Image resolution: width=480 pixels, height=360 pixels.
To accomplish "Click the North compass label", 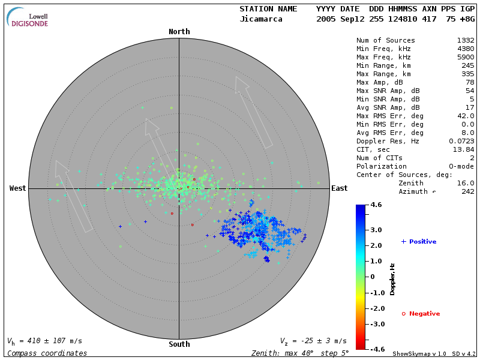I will click(x=179, y=32).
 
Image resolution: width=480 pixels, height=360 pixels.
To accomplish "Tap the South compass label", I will click(x=179, y=344).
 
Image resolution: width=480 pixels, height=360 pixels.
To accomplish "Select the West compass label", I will click(x=18, y=188).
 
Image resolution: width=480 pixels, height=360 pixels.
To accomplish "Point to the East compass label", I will click(x=340, y=188).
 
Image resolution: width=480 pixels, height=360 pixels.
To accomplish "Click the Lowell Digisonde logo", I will click(x=28, y=18).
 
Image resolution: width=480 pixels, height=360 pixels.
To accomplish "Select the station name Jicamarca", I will click(x=261, y=19).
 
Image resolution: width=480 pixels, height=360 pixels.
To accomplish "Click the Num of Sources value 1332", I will click(x=466, y=41).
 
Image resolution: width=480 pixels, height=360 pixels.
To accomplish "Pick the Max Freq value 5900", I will click(x=466, y=58).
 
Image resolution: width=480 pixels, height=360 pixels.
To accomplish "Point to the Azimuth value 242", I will click(x=468, y=191).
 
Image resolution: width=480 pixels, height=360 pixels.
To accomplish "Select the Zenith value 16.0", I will click(x=466, y=183).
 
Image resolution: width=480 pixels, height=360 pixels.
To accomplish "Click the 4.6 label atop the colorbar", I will click(x=376, y=205).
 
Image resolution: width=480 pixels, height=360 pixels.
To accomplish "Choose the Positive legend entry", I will click(x=419, y=241).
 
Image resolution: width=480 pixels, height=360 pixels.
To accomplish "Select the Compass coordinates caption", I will click(x=47, y=353).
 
